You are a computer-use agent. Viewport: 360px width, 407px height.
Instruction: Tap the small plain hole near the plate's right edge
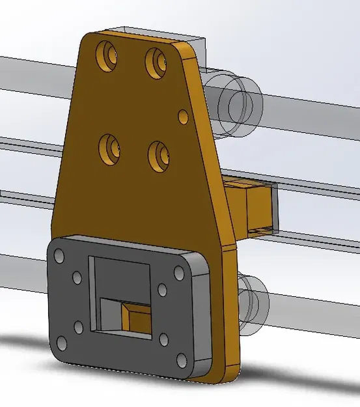[183, 117]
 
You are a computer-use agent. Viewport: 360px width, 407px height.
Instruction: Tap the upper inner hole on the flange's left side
[77, 278]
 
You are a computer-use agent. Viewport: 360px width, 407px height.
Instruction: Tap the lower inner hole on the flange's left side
[79, 326]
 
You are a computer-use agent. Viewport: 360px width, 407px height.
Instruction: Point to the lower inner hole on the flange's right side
[163, 339]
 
